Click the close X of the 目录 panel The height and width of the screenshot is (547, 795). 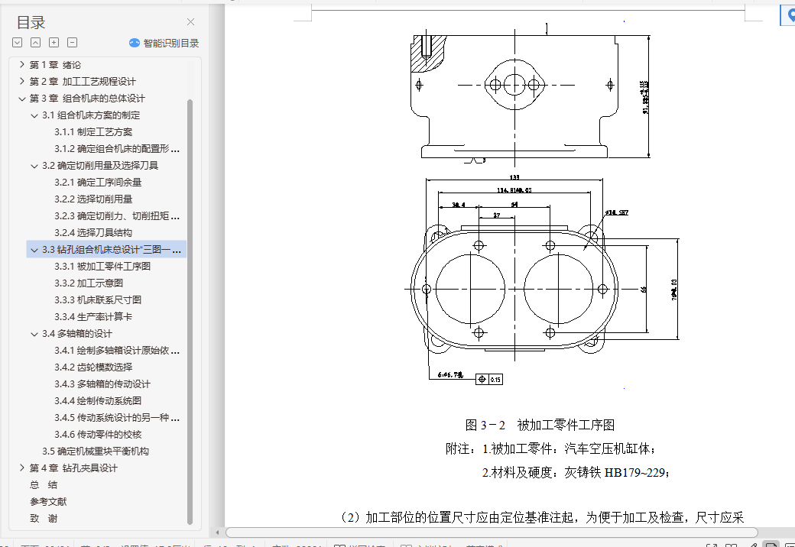pyautogui.click(x=191, y=22)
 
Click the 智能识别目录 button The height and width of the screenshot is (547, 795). pyautogui.click(x=164, y=43)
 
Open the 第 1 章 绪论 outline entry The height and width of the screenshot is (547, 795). pyautogui.click(x=55, y=65)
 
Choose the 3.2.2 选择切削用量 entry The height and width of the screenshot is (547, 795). pyautogui.click(x=93, y=199)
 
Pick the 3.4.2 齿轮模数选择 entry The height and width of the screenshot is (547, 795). pyautogui.click(x=93, y=367)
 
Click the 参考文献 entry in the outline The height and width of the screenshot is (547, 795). pyautogui.click(x=48, y=502)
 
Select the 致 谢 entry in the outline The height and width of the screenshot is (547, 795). pyautogui.click(x=44, y=519)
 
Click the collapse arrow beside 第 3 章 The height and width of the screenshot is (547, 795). pyautogui.click(x=22, y=99)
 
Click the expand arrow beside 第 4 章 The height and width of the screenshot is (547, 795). pyautogui.click(x=22, y=468)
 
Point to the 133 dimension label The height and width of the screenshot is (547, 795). pyautogui.click(x=514, y=178)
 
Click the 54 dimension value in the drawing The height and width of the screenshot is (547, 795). pyautogui.click(x=514, y=205)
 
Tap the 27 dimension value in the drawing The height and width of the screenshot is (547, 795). pyautogui.click(x=497, y=216)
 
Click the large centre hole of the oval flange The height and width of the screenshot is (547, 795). pyautogui.click(x=514, y=83)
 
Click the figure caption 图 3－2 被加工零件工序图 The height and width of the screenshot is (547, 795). pyautogui.click(x=540, y=426)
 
